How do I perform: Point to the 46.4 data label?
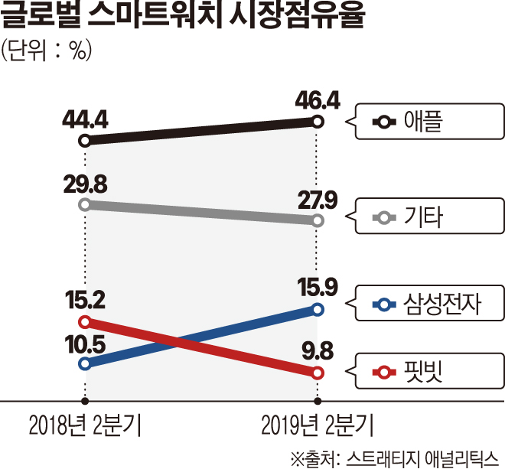[x=318, y=99]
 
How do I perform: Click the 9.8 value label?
[x=315, y=353]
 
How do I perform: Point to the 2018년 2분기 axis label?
[x=85, y=424]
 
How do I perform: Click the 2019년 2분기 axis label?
[x=317, y=424]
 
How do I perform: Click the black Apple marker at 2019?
[x=318, y=121]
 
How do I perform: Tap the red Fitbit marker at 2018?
[x=85, y=321]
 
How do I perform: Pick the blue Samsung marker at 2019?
[x=318, y=309]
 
